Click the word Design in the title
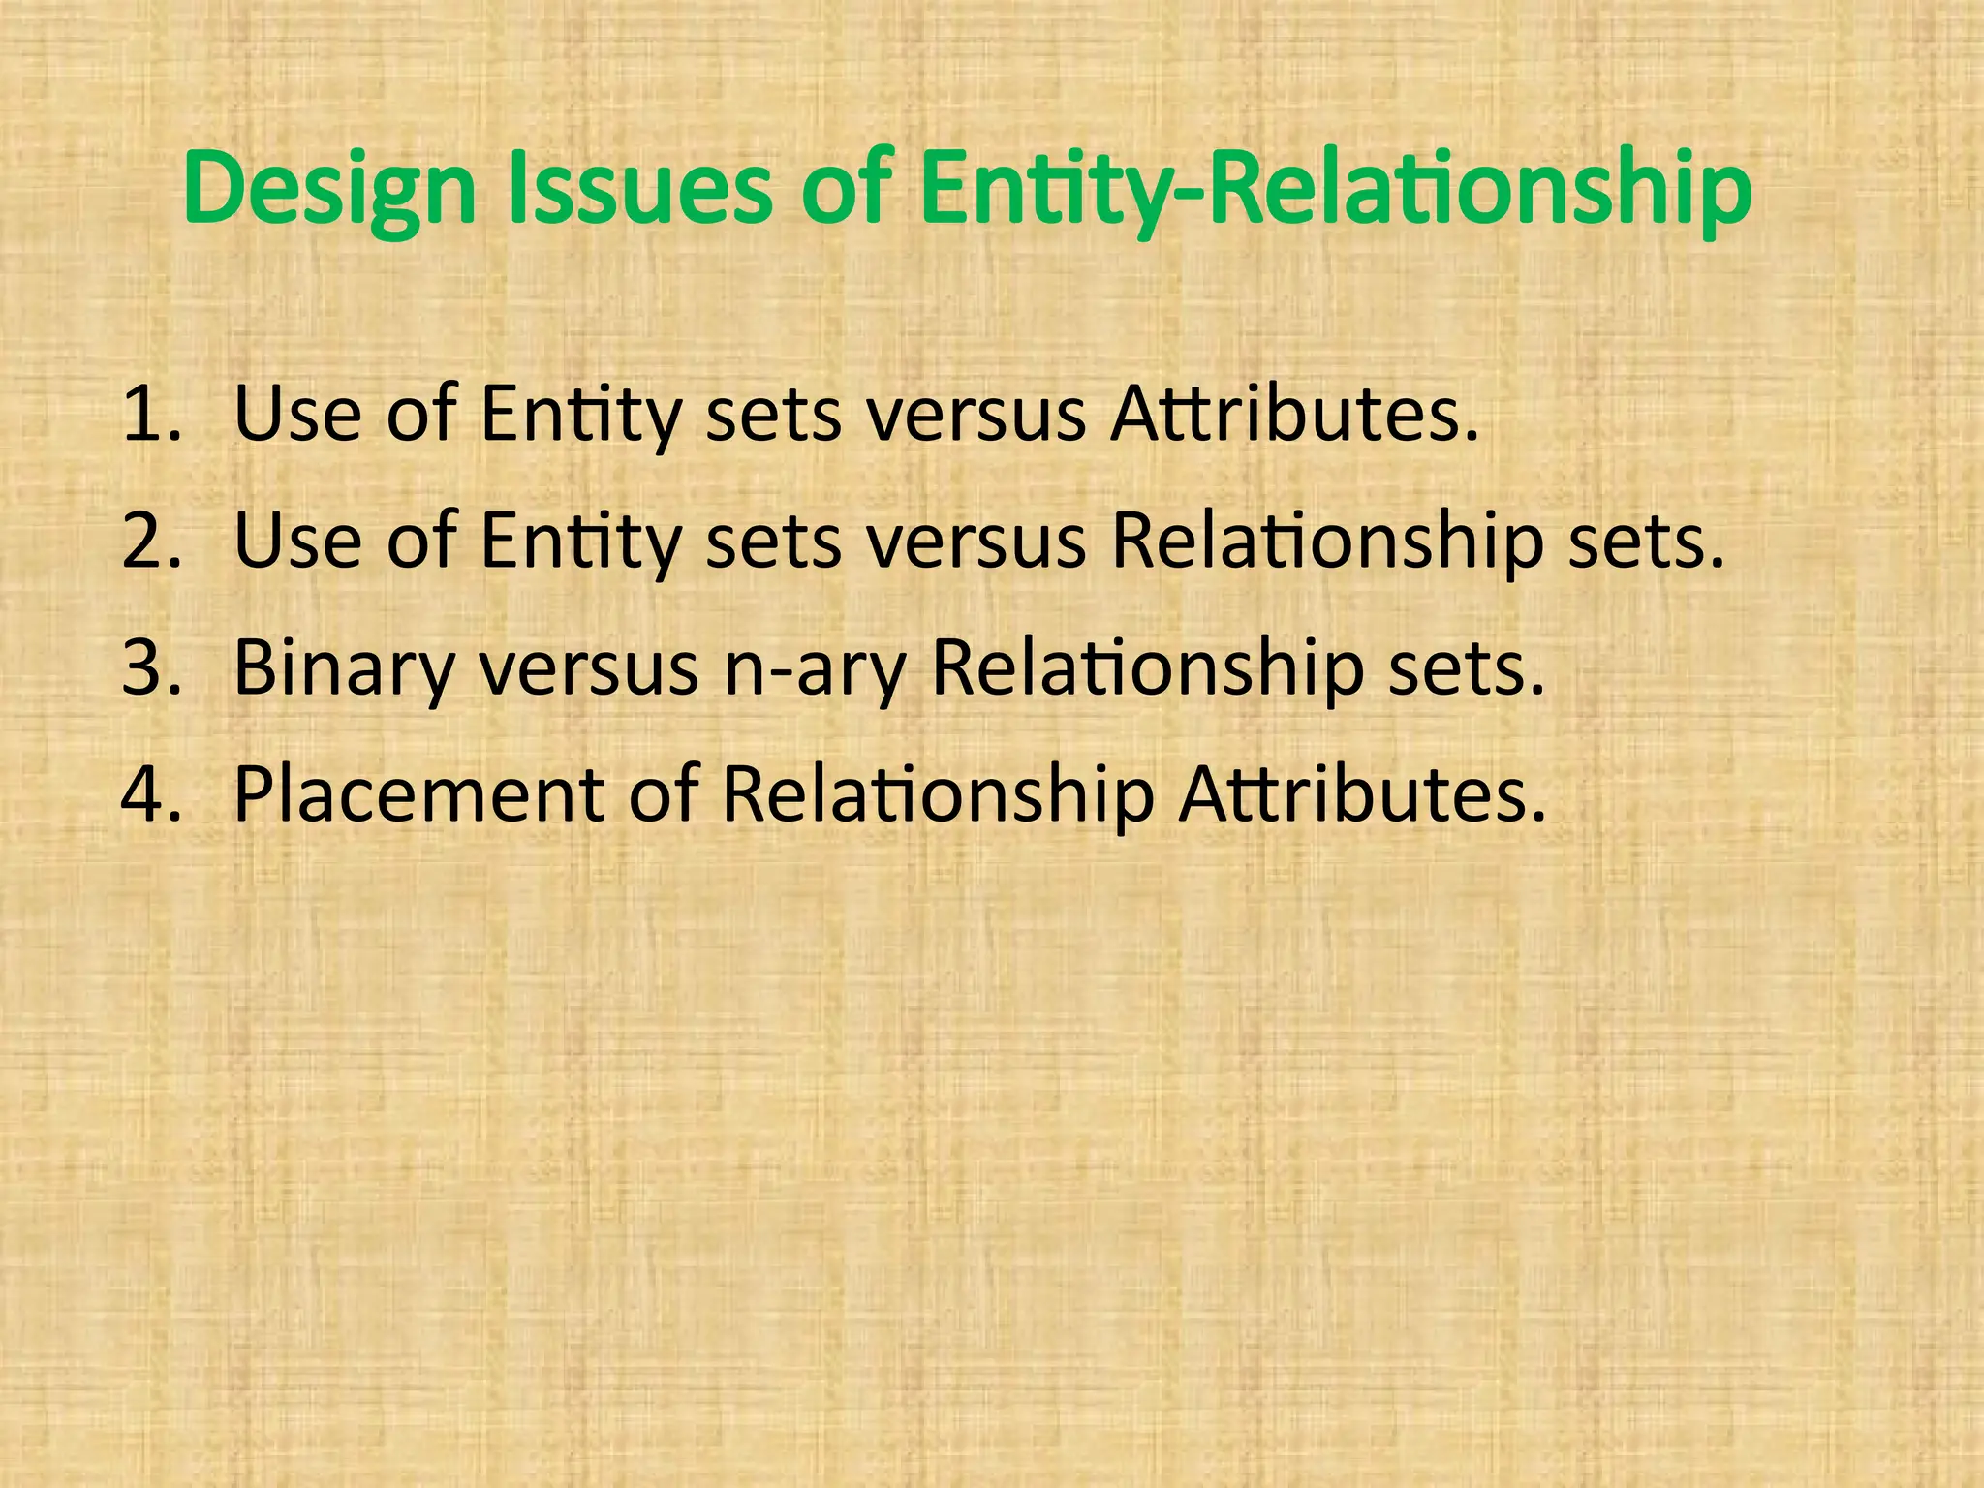(x=329, y=190)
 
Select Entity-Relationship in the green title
(x=1335, y=190)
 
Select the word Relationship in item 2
(x=1327, y=542)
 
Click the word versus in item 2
(x=976, y=542)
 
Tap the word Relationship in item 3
(x=1146, y=669)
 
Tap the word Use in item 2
(x=297, y=542)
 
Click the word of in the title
(x=844, y=190)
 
